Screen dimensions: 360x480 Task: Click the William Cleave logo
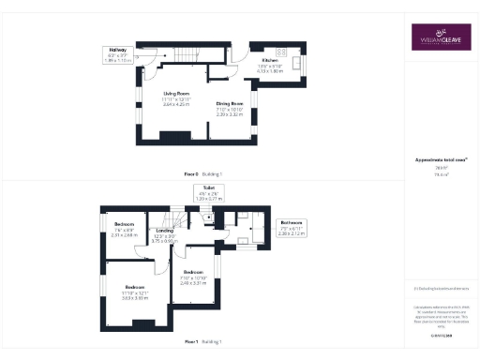(441, 38)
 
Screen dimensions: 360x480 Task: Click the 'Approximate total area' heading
(441, 161)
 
